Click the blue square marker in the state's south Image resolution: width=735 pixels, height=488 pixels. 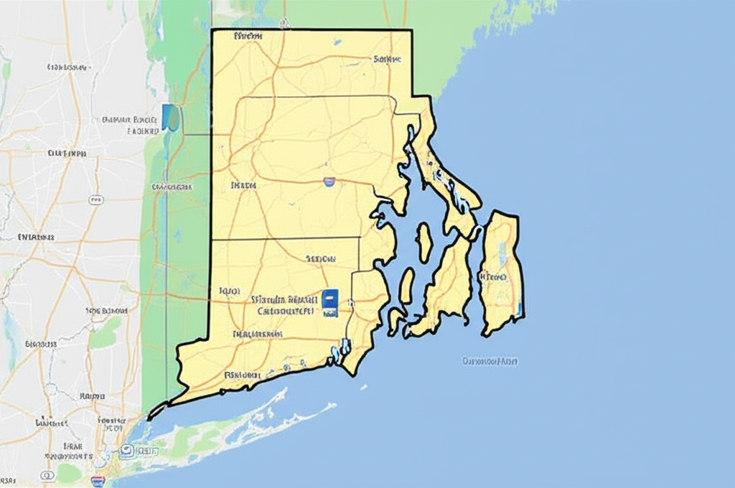click(x=329, y=303)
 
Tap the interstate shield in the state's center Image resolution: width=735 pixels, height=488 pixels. click(x=329, y=182)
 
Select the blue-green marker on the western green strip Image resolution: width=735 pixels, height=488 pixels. click(x=171, y=118)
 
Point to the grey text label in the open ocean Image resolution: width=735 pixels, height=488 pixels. click(x=490, y=361)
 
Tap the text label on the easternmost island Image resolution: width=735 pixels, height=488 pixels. click(x=492, y=276)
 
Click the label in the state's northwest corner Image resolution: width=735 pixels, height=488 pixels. click(x=248, y=36)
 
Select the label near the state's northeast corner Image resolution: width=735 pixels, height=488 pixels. click(x=387, y=59)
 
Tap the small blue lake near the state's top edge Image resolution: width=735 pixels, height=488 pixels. click(x=337, y=42)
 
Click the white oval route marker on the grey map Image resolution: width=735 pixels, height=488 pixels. click(x=95, y=200)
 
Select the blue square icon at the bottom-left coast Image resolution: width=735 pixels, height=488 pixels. click(x=126, y=451)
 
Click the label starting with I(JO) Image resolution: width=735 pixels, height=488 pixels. click(x=228, y=291)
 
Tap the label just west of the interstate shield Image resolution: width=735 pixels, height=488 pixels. click(x=243, y=185)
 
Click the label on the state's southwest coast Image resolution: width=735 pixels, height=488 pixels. click(x=241, y=375)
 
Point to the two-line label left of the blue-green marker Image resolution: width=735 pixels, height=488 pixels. click(x=131, y=126)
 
